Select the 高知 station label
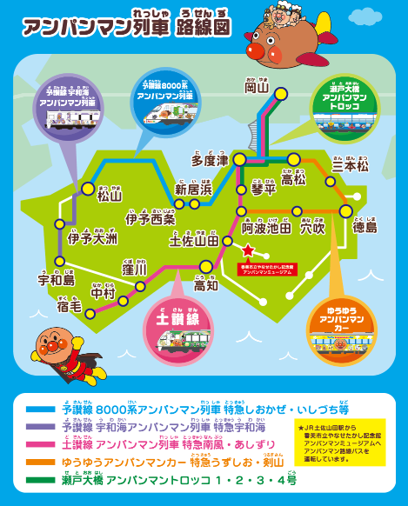click(x=206, y=285)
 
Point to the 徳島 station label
click(x=365, y=228)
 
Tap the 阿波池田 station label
click(x=265, y=228)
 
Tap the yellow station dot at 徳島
click(x=346, y=210)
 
